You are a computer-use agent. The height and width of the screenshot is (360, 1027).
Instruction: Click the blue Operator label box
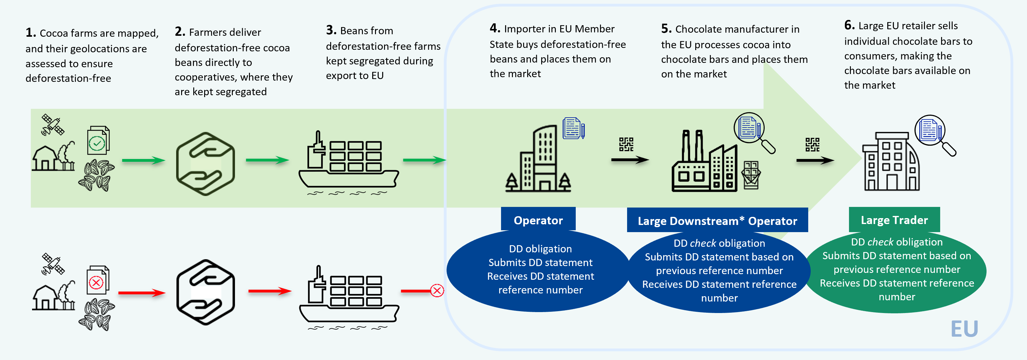(x=538, y=220)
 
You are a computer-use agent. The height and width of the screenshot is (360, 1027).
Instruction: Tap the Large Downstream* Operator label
(x=717, y=221)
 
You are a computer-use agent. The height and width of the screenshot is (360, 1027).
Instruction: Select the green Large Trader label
(x=894, y=220)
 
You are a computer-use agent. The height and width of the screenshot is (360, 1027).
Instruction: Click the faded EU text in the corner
(x=964, y=329)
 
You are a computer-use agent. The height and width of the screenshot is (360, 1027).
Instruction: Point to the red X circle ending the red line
(x=437, y=291)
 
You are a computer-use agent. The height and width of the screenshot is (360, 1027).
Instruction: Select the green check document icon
(x=98, y=140)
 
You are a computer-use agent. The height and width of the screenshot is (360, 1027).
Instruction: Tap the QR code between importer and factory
(x=626, y=144)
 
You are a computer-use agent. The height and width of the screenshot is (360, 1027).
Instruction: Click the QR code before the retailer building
(x=812, y=144)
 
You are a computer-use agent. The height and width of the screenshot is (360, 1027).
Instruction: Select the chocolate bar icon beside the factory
(x=751, y=175)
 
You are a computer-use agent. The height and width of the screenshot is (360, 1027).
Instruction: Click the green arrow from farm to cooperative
(x=143, y=160)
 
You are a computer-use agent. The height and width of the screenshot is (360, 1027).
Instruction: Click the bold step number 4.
(x=495, y=28)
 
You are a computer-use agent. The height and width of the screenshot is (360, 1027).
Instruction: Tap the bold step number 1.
(x=31, y=33)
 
